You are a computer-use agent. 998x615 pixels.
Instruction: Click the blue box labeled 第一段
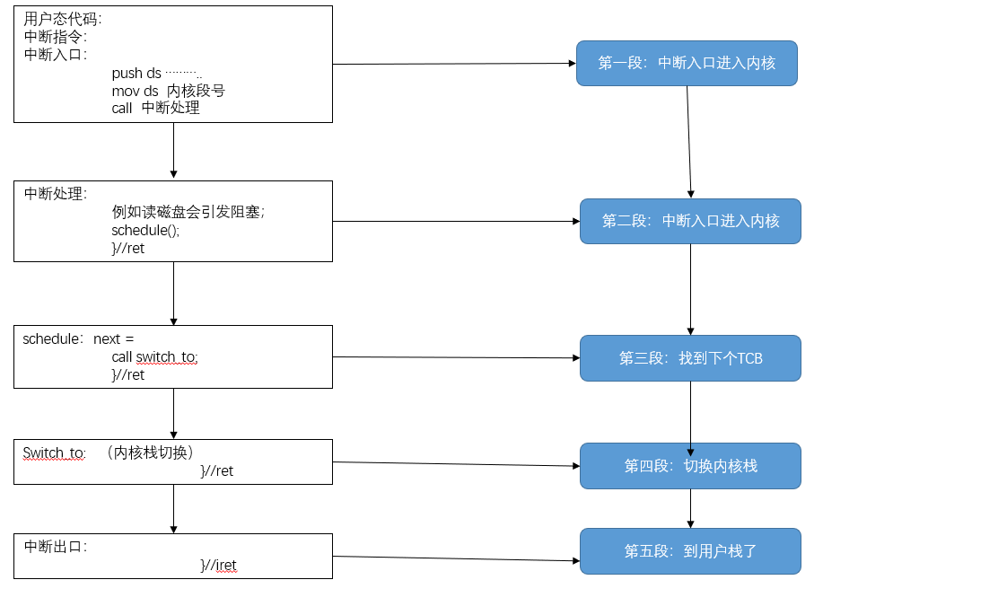coord(687,63)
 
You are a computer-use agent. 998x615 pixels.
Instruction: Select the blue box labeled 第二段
coord(690,221)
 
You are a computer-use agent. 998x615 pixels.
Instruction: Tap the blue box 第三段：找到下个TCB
coord(690,358)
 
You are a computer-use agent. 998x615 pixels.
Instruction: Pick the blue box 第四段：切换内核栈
coord(690,466)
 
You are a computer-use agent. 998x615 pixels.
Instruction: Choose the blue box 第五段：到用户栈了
coord(690,551)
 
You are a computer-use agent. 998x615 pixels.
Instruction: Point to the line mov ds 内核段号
coord(168,91)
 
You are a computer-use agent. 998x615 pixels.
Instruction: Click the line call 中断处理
coord(155,108)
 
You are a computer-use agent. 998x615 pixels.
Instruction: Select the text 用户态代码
coord(63,19)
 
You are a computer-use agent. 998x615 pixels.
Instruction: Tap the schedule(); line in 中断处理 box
coord(145,230)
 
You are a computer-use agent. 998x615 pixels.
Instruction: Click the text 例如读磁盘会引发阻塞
coord(188,212)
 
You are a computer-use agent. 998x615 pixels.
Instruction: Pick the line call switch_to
coord(154,357)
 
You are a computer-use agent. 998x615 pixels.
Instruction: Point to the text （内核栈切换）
coord(149,452)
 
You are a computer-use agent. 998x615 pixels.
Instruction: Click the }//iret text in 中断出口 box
coord(218,565)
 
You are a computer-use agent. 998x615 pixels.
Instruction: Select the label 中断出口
coord(55,547)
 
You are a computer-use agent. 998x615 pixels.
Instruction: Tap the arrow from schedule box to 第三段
coord(456,357)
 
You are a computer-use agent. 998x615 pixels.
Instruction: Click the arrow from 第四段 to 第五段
coord(690,508)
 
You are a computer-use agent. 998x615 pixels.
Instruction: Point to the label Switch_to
coord(54,453)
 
